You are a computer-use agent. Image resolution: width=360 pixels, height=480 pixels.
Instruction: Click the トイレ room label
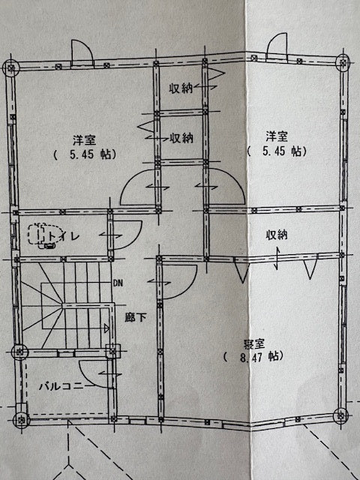tap(63, 236)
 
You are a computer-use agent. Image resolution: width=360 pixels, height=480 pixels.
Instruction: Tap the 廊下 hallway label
tap(135, 317)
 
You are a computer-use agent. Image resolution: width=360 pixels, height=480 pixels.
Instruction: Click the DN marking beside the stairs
tap(118, 283)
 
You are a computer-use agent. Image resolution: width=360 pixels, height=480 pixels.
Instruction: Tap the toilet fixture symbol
tap(45, 235)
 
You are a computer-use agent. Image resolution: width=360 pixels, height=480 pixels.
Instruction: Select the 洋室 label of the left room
tap(84, 140)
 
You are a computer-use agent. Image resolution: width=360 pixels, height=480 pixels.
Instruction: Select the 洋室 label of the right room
tap(277, 136)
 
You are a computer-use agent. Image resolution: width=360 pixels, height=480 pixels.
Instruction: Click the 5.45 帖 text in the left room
tap(85, 154)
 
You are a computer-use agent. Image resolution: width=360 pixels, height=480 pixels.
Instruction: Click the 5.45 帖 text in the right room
tap(277, 151)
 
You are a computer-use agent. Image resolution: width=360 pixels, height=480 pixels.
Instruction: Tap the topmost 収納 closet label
tap(181, 88)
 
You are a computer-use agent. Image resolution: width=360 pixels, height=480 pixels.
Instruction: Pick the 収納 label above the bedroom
tap(277, 235)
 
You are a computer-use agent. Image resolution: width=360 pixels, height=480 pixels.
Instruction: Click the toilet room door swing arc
tap(135, 237)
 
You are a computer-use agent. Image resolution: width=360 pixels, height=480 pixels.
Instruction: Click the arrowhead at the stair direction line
tap(106, 328)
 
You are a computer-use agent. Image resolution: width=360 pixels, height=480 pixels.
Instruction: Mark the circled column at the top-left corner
tap(11, 68)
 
